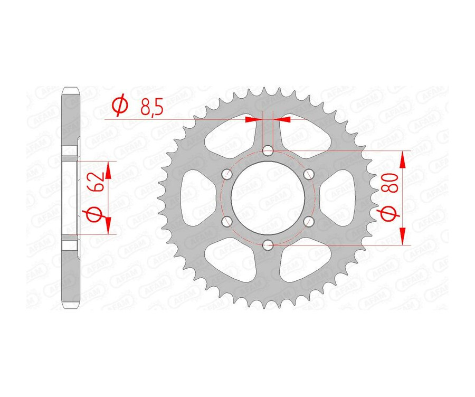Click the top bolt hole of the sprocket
(268, 152)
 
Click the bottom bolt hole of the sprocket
(268, 244)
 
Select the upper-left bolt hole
(227, 174)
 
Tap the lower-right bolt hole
(309, 221)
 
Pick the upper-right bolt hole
(309, 174)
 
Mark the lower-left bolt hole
(227, 221)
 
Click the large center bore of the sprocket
(268, 197)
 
